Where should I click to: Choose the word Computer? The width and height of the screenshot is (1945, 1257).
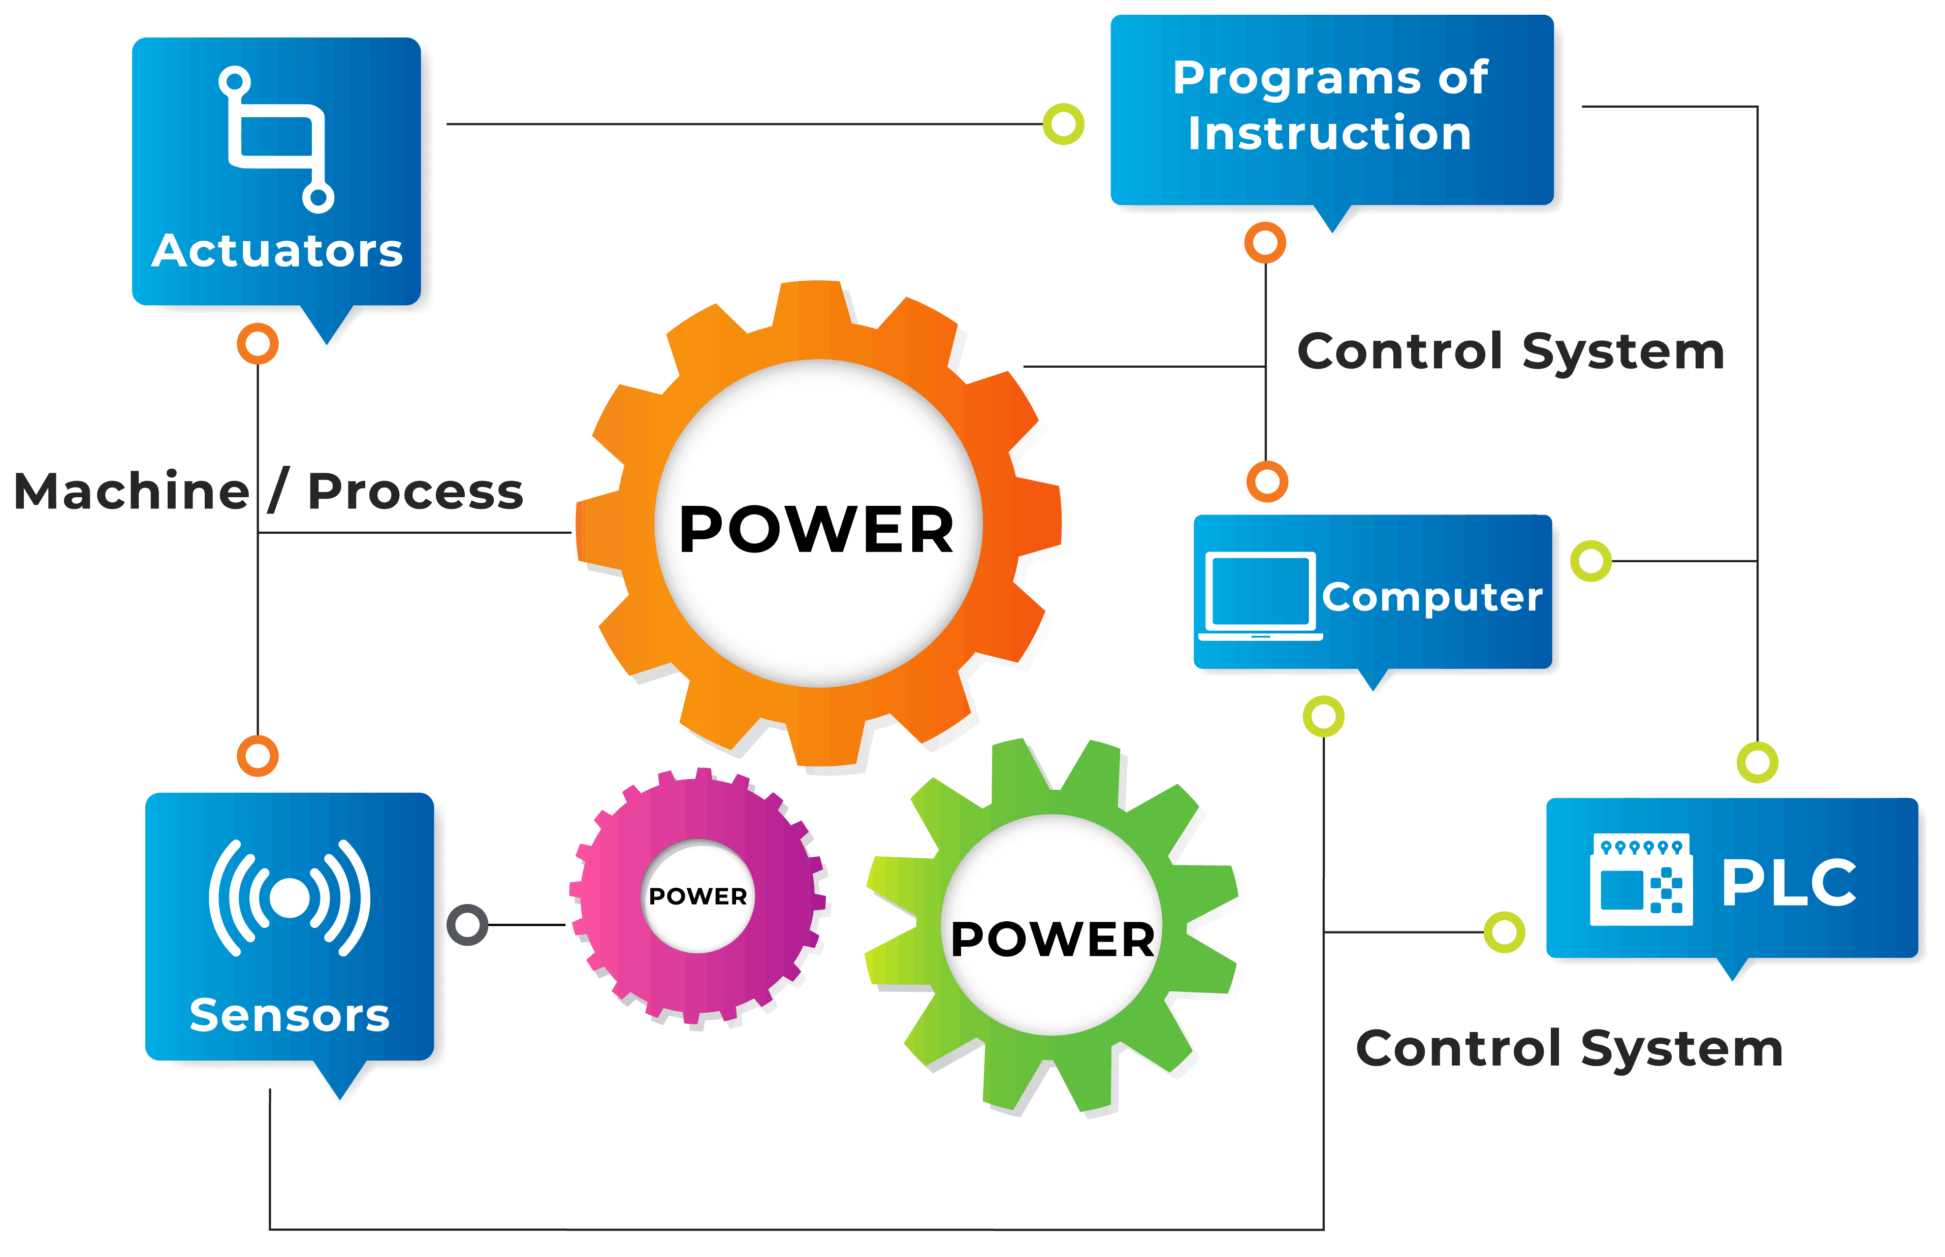[x=1432, y=597]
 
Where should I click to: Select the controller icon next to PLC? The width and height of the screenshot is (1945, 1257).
[x=1641, y=879]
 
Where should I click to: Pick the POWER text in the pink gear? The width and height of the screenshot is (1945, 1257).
[x=698, y=896]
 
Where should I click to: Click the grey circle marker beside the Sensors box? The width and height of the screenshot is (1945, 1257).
[x=468, y=925]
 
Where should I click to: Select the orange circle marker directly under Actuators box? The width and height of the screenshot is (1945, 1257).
[x=258, y=344]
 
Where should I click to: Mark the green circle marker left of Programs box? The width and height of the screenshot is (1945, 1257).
[x=1064, y=124]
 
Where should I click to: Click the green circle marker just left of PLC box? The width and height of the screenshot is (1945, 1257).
[x=1504, y=931]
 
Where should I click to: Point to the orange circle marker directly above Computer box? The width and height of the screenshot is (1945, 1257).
[x=1267, y=481]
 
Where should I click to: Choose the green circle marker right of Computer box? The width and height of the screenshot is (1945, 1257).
[x=1591, y=561]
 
